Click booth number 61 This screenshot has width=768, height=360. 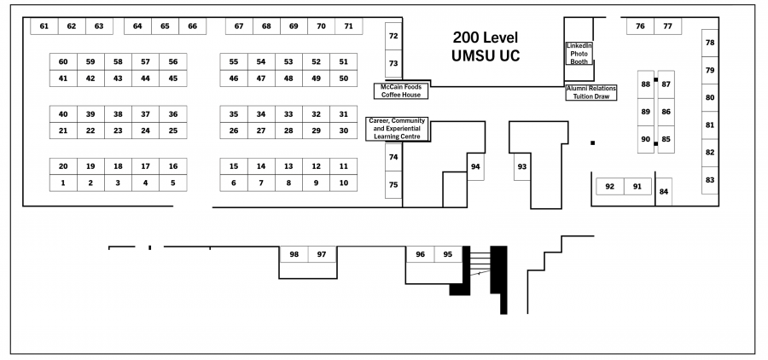pyautogui.click(x=44, y=26)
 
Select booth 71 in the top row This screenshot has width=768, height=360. pyautogui.click(x=348, y=26)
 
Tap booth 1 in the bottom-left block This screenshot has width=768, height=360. pyautogui.click(x=63, y=183)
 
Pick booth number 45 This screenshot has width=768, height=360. pyautogui.click(x=173, y=78)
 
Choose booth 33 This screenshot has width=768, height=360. pyautogui.click(x=288, y=114)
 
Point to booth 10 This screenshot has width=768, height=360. pyautogui.click(x=343, y=183)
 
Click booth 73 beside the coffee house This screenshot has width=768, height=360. pyautogui.click(x=393, y=63)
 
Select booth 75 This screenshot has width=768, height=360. pyautogui.click(x=393, y=185)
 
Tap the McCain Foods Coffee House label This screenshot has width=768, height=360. pyautogui.click(x=401, y=90)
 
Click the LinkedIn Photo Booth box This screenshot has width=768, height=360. pyautogui.click(x=579, y=53)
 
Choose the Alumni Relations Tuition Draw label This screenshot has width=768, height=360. pyautogui.click(x=591, y=91)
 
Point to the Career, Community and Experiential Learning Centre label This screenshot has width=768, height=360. pyautogui.click(x=398, y=128)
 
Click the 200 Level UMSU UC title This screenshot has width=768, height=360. pyautogui.click(x=486, y=47)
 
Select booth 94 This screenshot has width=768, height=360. pyautogui.click(x=475, y=166)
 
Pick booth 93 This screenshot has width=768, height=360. pyautogui.click(x=522, y=166)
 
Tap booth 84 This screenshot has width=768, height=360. pyautogui.click(x=664, y=191)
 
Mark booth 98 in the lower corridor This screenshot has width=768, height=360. pyautogui.click(x=294, y=254)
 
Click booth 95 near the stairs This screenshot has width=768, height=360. pyautogui.click(x=448, y=254)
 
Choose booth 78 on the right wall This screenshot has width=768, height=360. pyautogui.click(x=710, y=43)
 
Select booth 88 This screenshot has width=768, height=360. pyautogui.click(x=646, y=84)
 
